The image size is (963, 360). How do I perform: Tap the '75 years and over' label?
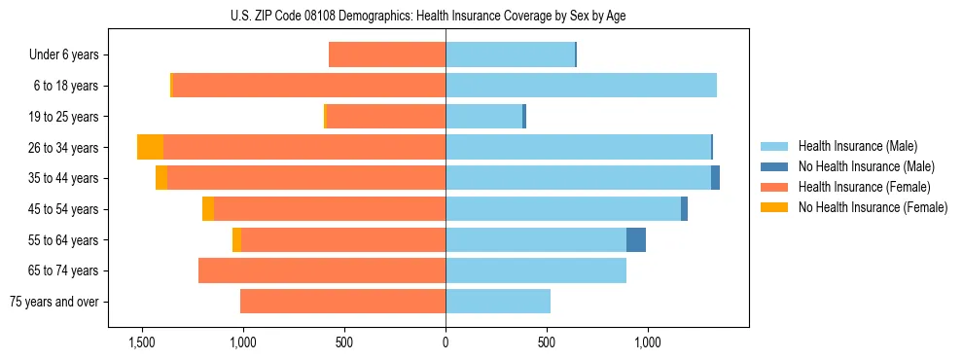click(54, 302)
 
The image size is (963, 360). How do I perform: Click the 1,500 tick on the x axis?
click(142, 342)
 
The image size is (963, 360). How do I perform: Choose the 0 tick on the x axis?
click(446, 342)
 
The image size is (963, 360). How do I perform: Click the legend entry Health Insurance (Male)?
click(857, 146)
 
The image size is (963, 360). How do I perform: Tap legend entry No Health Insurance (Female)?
click(873, 207)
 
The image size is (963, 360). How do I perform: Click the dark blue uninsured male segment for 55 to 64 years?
click(636, 239)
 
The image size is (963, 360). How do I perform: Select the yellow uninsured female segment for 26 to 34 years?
click(150, 147)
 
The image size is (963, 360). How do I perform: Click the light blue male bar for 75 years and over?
click(498, 302)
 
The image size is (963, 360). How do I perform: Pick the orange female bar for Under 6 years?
click(387, 54)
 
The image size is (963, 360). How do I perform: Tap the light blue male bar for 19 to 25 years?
click(483, 116)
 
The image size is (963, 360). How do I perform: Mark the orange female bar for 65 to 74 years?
click(322, 270)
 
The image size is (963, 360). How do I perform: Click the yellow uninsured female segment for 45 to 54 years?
click(208, 208)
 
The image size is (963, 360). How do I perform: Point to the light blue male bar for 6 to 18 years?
click(581, 86)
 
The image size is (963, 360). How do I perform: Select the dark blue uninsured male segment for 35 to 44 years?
click(715, 178)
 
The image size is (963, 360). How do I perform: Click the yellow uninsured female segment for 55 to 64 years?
click(236, 239)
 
